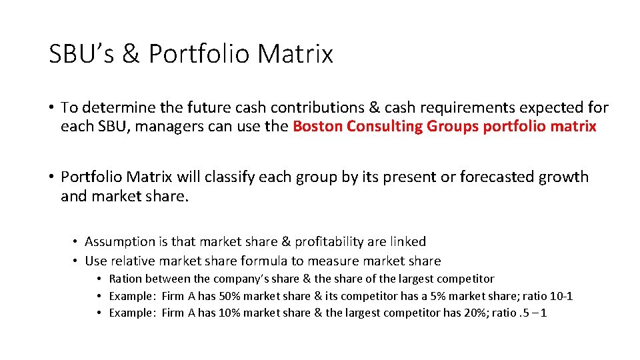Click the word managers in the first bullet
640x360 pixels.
click(171, 126)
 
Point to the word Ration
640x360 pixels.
click(125, 279)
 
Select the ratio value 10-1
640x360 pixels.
click(561, 296)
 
